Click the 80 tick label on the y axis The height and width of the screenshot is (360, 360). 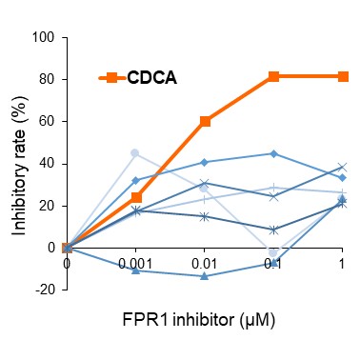coord(48,81)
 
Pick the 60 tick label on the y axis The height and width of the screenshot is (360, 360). coord(48,123)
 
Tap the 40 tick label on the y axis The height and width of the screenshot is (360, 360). coord(48,164)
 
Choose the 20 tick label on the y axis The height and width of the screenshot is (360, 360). coord(48,206)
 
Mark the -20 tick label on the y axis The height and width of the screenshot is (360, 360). coord(45,290)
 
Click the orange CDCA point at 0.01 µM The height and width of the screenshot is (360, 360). coord(205,122)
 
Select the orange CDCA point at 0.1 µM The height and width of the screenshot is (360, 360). coord(273,76)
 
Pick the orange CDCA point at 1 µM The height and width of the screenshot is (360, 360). coord(342,76)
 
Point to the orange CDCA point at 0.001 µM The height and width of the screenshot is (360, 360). coord(136,197)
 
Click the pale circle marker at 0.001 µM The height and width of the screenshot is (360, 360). coord(135,153)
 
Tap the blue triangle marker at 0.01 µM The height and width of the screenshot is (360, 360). coord(205,276)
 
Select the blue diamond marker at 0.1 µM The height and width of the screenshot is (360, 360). coord(273,153)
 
